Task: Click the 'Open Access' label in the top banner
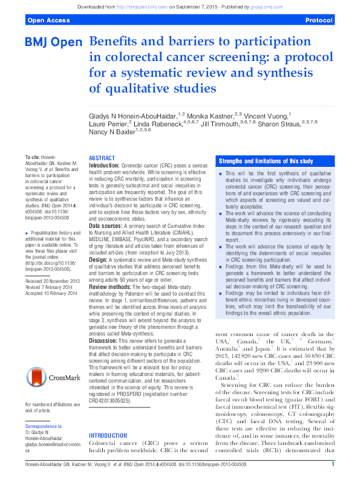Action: pos(46,20)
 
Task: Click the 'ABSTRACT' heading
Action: pos(102,157)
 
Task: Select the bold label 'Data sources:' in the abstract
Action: pos(106,209)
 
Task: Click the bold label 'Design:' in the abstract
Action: pos(99,243)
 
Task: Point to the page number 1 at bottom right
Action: pos(333,464)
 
